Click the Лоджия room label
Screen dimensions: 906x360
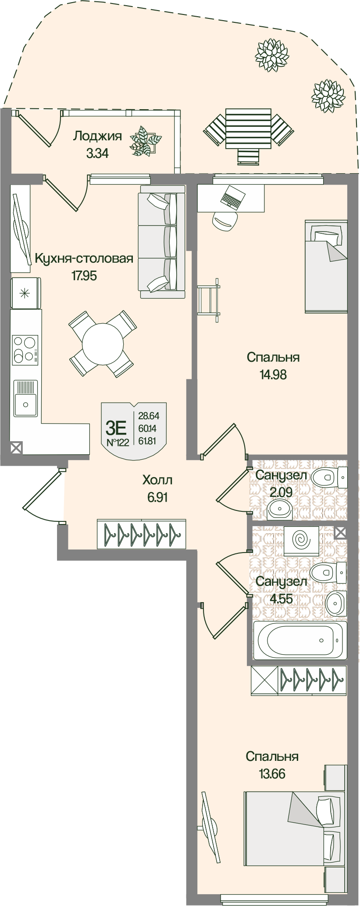click(97, 136)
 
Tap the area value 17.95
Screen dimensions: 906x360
click(84, 276)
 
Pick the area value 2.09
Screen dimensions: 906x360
click(281, 492)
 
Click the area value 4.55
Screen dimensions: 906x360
click(281, 599)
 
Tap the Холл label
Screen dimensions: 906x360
click(157, 480)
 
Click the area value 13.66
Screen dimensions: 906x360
click(272, 774)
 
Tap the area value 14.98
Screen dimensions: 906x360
click(273, 375)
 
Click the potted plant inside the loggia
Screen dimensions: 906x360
click(145, 141)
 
